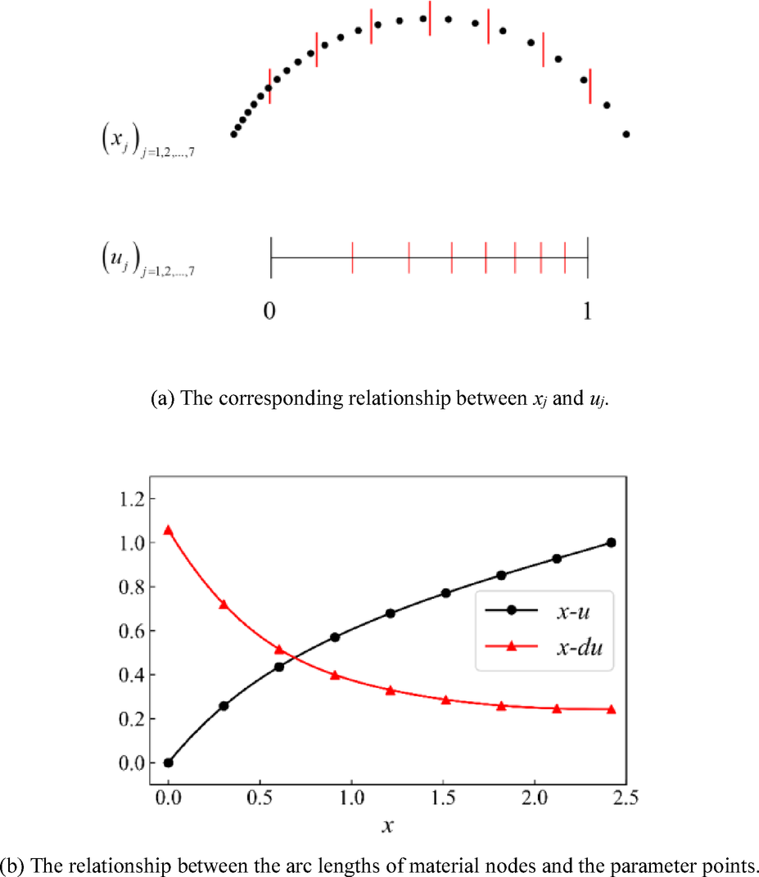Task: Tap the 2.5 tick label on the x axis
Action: pos(626,796)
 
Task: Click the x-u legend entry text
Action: pos(577,611)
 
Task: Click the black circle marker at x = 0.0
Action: pos(169,762)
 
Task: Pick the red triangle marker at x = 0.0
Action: pos(169,530)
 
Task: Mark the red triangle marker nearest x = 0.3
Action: pos(224,604)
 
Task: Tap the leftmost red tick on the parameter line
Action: pos(352,258)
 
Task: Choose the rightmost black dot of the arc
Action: pos(626,134)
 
